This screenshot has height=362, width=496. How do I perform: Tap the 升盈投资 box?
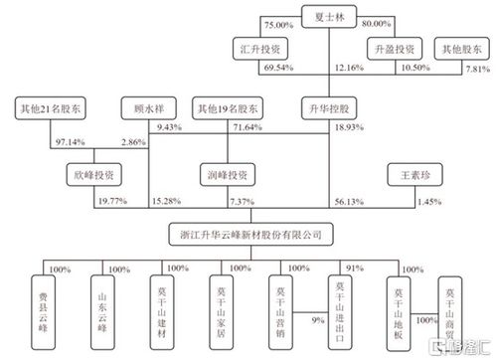click(391, 48)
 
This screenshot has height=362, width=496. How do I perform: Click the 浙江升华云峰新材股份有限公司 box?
click(248, 235)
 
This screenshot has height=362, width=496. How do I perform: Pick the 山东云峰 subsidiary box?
click(101, 308)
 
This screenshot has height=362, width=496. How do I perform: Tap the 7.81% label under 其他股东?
click(479, 70)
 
